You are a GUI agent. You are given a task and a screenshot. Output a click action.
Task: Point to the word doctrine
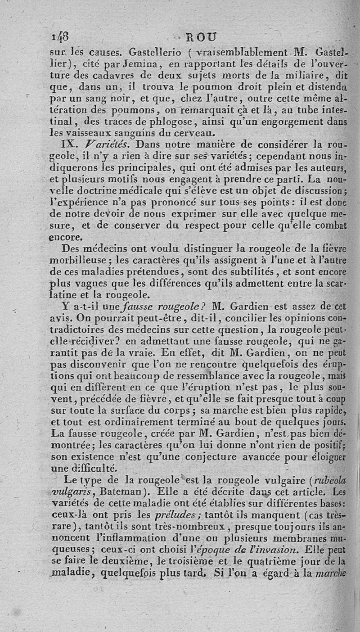(x=104, y=192)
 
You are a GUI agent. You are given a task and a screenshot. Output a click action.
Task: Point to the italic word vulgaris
(x=70, y=491)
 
